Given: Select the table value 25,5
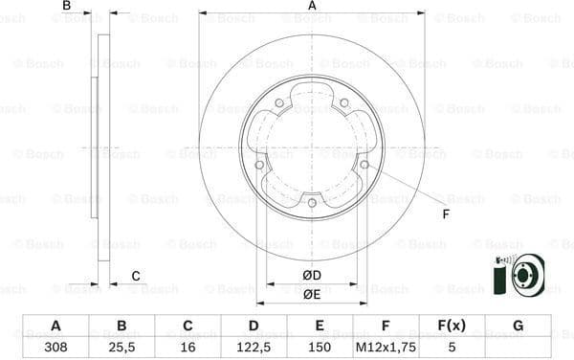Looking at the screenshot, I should pos(121,347).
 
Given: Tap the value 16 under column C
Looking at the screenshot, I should pos(188,347).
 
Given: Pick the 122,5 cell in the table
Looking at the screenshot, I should pos(254,347).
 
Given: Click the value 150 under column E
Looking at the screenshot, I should pos(320,347).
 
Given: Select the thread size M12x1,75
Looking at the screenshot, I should pos(386,347).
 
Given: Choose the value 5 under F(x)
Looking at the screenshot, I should pos(452,347).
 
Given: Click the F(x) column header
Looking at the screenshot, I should pos(452,326).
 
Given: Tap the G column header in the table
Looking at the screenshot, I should pos(518,326).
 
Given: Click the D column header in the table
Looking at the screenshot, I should pos(254,326).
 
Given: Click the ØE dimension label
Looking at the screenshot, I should pos(311,295).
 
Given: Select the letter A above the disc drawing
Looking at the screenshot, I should pos(312,7).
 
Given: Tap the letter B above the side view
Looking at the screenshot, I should pos(67,7).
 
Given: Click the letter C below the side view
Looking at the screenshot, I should pos(136,277).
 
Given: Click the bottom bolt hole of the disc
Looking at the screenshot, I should pos(312,202).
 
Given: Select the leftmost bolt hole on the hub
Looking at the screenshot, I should pos(259,165).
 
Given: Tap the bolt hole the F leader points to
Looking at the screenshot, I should pos(364,165).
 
